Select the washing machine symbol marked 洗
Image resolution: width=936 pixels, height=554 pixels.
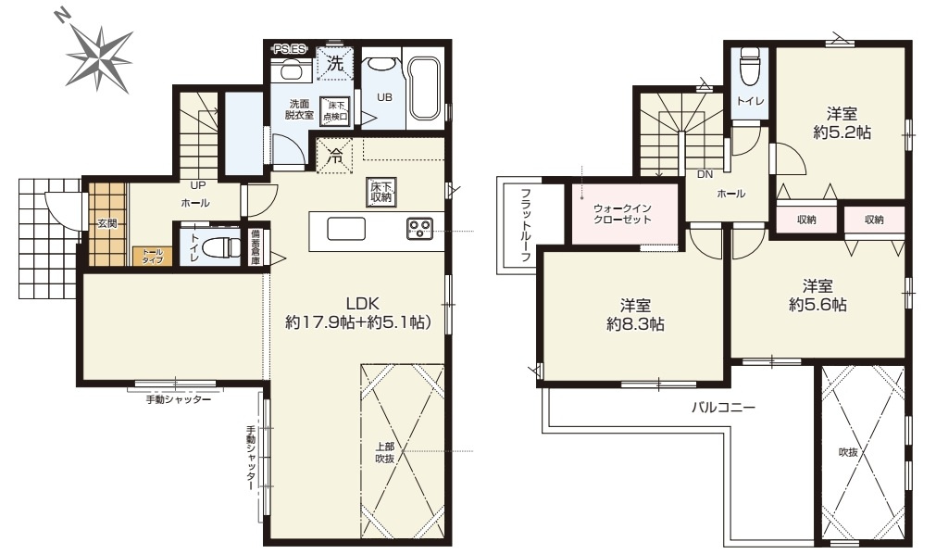(x=334, y=65)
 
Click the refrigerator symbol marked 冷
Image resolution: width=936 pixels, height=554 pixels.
(x=335, y=156)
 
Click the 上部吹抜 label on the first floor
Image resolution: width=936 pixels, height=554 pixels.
(x=386, y=452)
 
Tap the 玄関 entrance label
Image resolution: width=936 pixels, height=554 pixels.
(x=106, y=222)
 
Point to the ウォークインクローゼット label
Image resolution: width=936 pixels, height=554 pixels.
(x=623, y=215)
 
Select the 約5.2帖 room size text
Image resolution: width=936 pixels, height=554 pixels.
(x=841, y=133)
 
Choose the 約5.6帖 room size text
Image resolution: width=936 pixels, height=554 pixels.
(x=817, y=303)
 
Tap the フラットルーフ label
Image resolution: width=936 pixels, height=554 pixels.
(x=526, y=225)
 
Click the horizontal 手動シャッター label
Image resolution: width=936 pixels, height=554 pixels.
(x=179, y=399)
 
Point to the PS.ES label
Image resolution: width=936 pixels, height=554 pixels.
(x=291, y=48)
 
